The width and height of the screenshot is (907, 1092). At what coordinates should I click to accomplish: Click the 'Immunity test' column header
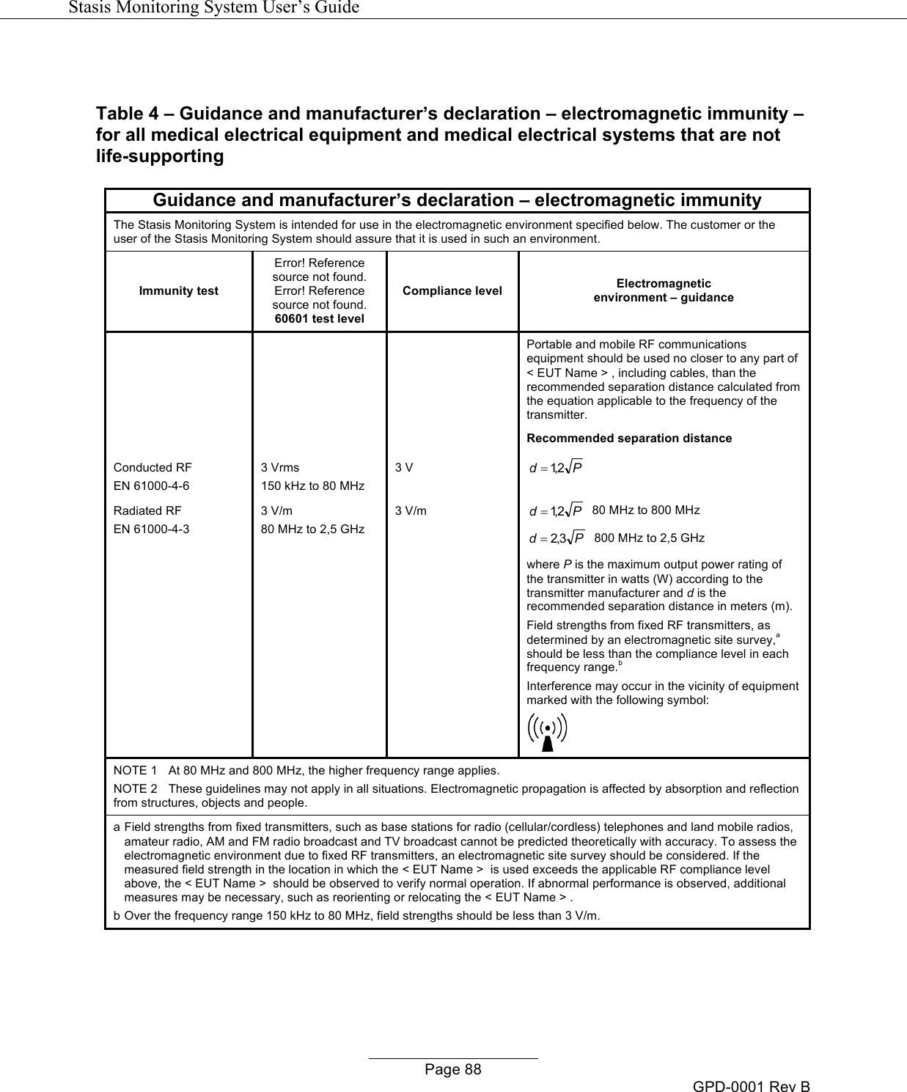(179, 291)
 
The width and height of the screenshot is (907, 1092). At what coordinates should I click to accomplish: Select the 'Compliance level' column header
(452, 291)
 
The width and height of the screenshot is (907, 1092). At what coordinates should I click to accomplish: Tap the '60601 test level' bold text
(320, 319)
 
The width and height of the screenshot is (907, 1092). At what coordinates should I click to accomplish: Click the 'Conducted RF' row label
(153, 467)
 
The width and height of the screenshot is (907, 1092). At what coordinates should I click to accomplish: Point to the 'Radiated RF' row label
(147, 510)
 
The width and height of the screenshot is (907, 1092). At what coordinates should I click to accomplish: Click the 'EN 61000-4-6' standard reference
(151, 485)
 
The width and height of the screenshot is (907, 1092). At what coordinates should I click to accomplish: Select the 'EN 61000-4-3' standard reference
(151, 528)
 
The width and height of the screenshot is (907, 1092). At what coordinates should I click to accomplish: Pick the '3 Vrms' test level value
(280, 467)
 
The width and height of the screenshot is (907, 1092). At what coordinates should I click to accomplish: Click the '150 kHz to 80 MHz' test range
(313, 485)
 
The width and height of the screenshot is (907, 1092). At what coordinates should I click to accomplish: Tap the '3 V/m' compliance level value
(411, 510)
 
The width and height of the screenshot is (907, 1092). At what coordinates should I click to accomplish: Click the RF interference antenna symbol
(547, 732)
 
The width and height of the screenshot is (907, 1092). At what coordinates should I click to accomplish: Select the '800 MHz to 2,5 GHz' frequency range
(649, 538)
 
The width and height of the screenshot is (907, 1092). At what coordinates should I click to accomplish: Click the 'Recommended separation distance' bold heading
(629, 439)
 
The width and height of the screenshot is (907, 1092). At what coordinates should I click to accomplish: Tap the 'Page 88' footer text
(453, 1069)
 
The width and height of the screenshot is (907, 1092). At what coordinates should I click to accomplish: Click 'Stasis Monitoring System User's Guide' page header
(213, 7)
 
